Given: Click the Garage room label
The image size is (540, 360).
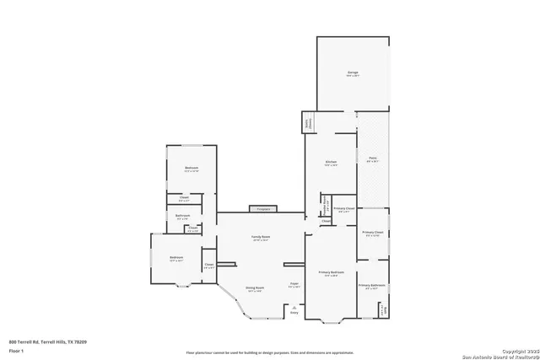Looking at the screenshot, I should click(353, 73).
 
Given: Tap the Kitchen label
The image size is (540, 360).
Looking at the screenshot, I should click(332, 163).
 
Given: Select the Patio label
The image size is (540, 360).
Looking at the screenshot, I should click(372, 158).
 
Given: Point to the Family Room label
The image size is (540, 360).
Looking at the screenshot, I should click(260, 238).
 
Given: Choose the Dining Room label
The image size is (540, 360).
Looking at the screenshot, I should click(254, 288).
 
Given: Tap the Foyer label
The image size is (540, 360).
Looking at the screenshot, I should click(294, 283).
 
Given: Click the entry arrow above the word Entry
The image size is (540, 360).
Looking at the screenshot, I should click(294, 309).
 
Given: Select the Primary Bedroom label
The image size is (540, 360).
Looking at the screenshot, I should click(331, 272).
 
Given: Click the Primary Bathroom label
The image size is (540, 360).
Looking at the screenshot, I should click(372, 286).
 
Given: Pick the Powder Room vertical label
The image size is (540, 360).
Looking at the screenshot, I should click(326, 207).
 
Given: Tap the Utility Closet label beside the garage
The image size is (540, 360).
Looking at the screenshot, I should click(306, 123).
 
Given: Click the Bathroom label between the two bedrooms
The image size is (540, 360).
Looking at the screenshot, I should click(182, 216).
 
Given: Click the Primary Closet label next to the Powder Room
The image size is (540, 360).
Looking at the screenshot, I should click(343, 208).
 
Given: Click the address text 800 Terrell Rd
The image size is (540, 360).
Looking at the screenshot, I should click(46, 341).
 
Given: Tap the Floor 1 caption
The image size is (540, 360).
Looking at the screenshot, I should click(16, 349).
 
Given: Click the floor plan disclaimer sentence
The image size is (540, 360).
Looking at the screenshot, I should click(269, 352).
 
